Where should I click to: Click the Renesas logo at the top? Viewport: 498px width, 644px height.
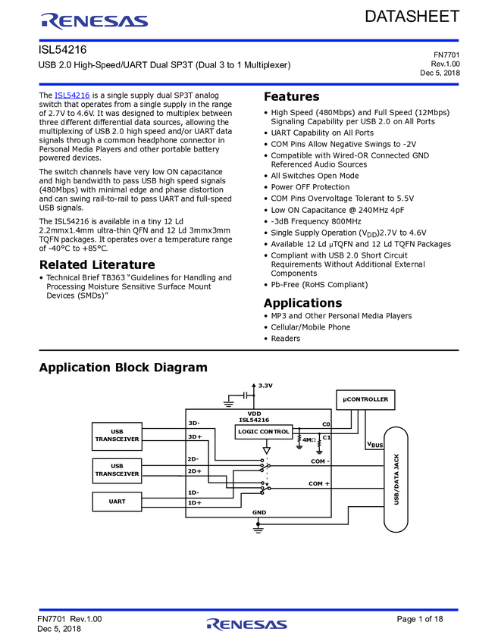click(96, 21)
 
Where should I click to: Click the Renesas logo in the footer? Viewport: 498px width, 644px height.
click(247, 624)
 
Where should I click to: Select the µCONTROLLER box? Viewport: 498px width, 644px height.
click(365, 399)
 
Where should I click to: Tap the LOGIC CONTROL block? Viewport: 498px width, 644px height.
click(263, 432)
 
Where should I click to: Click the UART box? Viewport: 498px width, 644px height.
click(117, 502)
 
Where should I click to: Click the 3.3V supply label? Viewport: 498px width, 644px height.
click(265, 386)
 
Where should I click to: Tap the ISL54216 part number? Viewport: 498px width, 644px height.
click(254, 420)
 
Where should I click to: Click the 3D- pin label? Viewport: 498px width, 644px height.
click(194, 423)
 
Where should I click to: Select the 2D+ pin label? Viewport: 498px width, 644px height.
click(195, 471)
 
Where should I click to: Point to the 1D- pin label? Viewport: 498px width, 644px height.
click(194, 492)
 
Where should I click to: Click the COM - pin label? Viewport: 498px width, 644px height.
click(320, 461)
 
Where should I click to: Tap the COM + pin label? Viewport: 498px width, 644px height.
click(319, 483)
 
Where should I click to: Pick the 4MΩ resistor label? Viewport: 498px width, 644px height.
click(309, 439)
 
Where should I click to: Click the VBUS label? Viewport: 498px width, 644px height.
click(374, 445)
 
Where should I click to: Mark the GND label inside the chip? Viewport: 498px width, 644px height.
click(259, 512)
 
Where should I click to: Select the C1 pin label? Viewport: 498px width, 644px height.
click(327, 437)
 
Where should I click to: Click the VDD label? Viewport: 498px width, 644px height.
click(254, 414)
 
